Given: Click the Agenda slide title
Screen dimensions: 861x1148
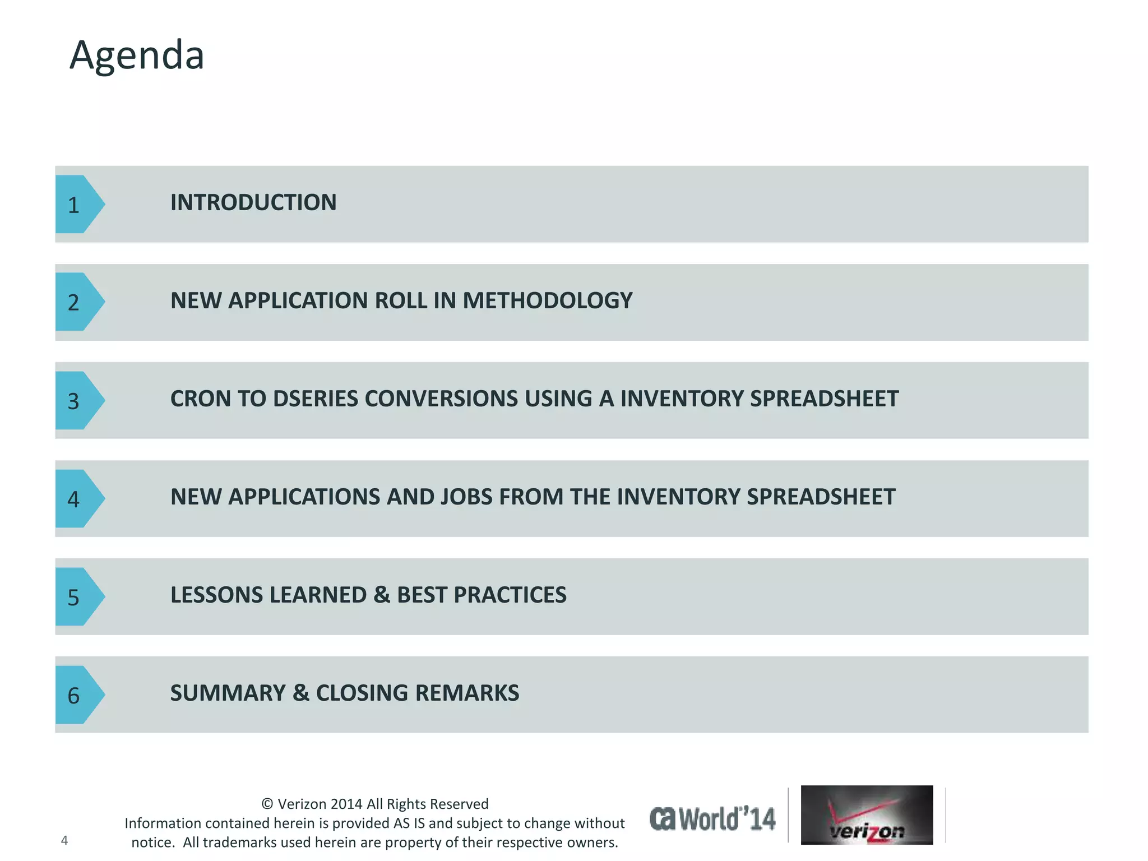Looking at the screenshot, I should pos(137,55).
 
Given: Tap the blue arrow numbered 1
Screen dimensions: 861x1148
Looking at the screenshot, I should pos(77,204).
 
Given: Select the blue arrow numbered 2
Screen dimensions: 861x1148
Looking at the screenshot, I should pos(77,302).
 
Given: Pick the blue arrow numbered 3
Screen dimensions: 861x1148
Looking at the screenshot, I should pos(77,400).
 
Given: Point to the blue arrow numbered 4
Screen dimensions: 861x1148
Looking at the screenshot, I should pos(77,498).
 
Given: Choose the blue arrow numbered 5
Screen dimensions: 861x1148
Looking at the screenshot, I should pos(77,596).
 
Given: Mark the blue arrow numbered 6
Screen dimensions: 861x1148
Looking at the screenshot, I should pos(77,695).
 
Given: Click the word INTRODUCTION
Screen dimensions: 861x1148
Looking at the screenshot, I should pos(253,202).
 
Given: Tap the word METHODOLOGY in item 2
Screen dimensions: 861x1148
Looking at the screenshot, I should pos(547,300).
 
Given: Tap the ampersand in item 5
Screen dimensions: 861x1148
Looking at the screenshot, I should pos(382,595).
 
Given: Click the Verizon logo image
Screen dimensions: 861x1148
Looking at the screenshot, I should pos(867,814).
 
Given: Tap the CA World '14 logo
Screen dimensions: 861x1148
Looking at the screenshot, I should pos(712,818).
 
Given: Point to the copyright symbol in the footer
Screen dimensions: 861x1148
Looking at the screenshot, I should pos(267,804).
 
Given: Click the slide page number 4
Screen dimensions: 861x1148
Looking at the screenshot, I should pos(64,840).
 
